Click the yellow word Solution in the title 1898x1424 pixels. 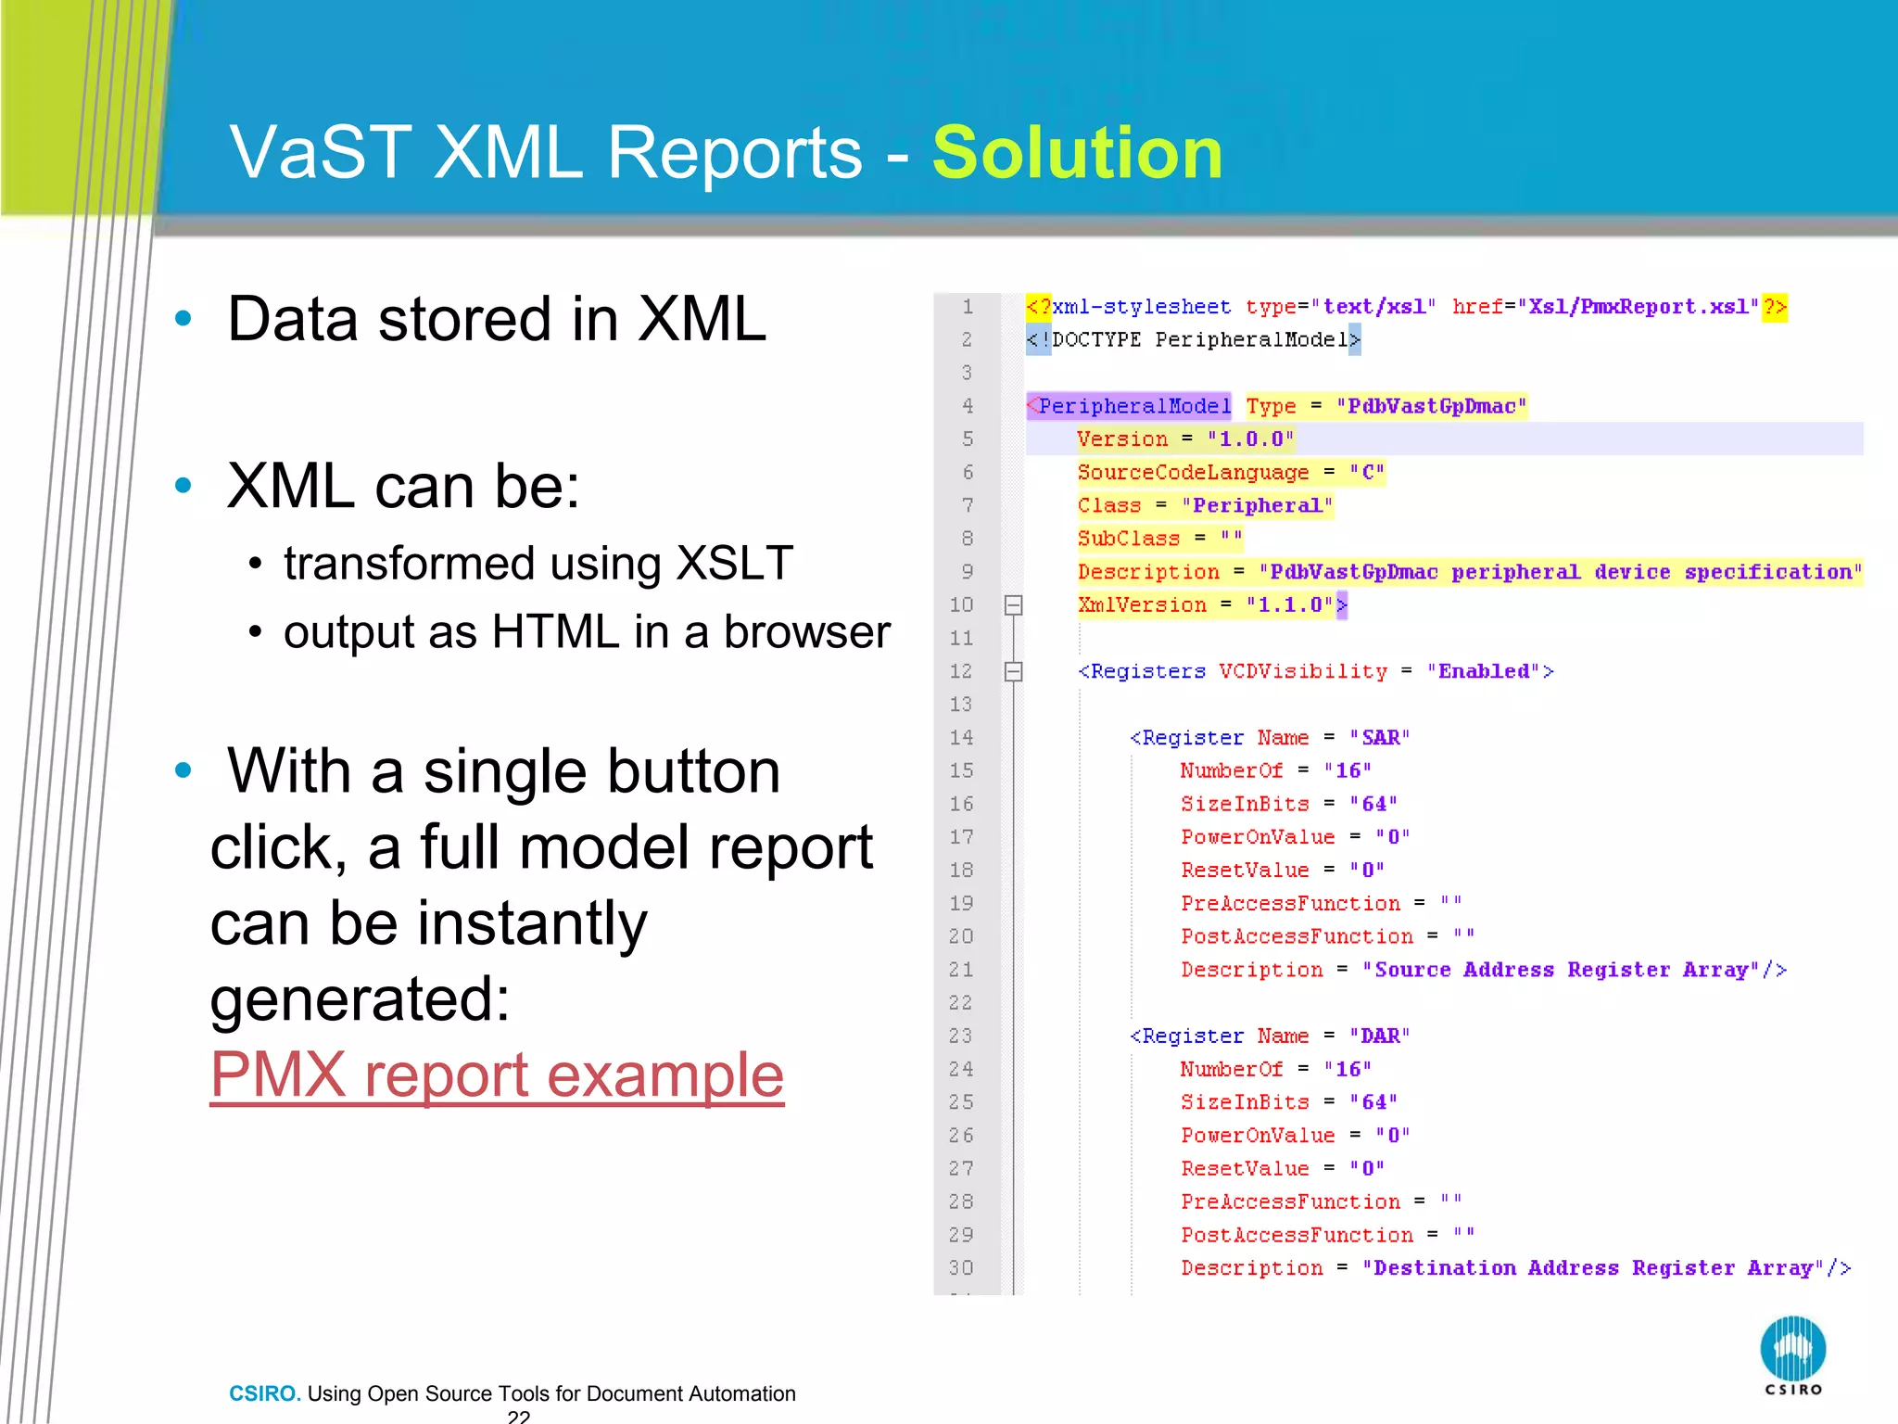pyautogui.click(x=1077, y=153)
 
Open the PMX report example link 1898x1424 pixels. pyautogui.click(x=497, y=1075)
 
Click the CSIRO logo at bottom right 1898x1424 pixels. pyautogui.click(x=1792, y=1354)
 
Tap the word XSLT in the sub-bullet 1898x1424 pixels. pyautogui.click(x=734, y=564)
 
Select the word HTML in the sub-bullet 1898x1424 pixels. pyautogui.click(x=555, y=632)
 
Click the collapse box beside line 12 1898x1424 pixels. pyautogui.click(x=1013, y=671)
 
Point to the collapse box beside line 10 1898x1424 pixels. pyautogui.click(x=1013, y=605)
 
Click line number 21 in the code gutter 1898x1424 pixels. pyautogui.click(x=961, y=970)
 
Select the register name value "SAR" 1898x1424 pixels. pyautogui.click(x=1380, y=738)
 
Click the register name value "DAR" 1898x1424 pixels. pyautogui.click(x=1380, y=1036)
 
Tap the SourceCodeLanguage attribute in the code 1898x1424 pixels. pyautogui.click(x=1193, y=473)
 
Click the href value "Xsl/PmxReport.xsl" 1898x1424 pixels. pyautogui.click(x=1639, y=307)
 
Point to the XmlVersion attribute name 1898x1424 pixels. pyautogui.click(x=1142, y=605)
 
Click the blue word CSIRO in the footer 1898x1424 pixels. pyautogui.click(x=264, y=1393)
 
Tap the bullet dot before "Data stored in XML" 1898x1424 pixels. pyautogui.click(x=183, y=319)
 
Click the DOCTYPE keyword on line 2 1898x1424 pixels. pyautogui.click(x=1096, y=340)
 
